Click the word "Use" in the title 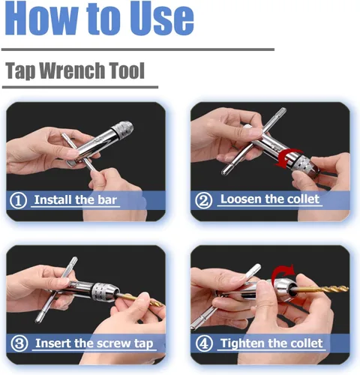point(161,18)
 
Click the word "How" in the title point(42,18)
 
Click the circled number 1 point(18,200)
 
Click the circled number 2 point(203,200)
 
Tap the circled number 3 point(19,343)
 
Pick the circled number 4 point(204,343)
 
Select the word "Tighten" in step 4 point(240,343)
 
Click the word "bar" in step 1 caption point(107,199)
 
